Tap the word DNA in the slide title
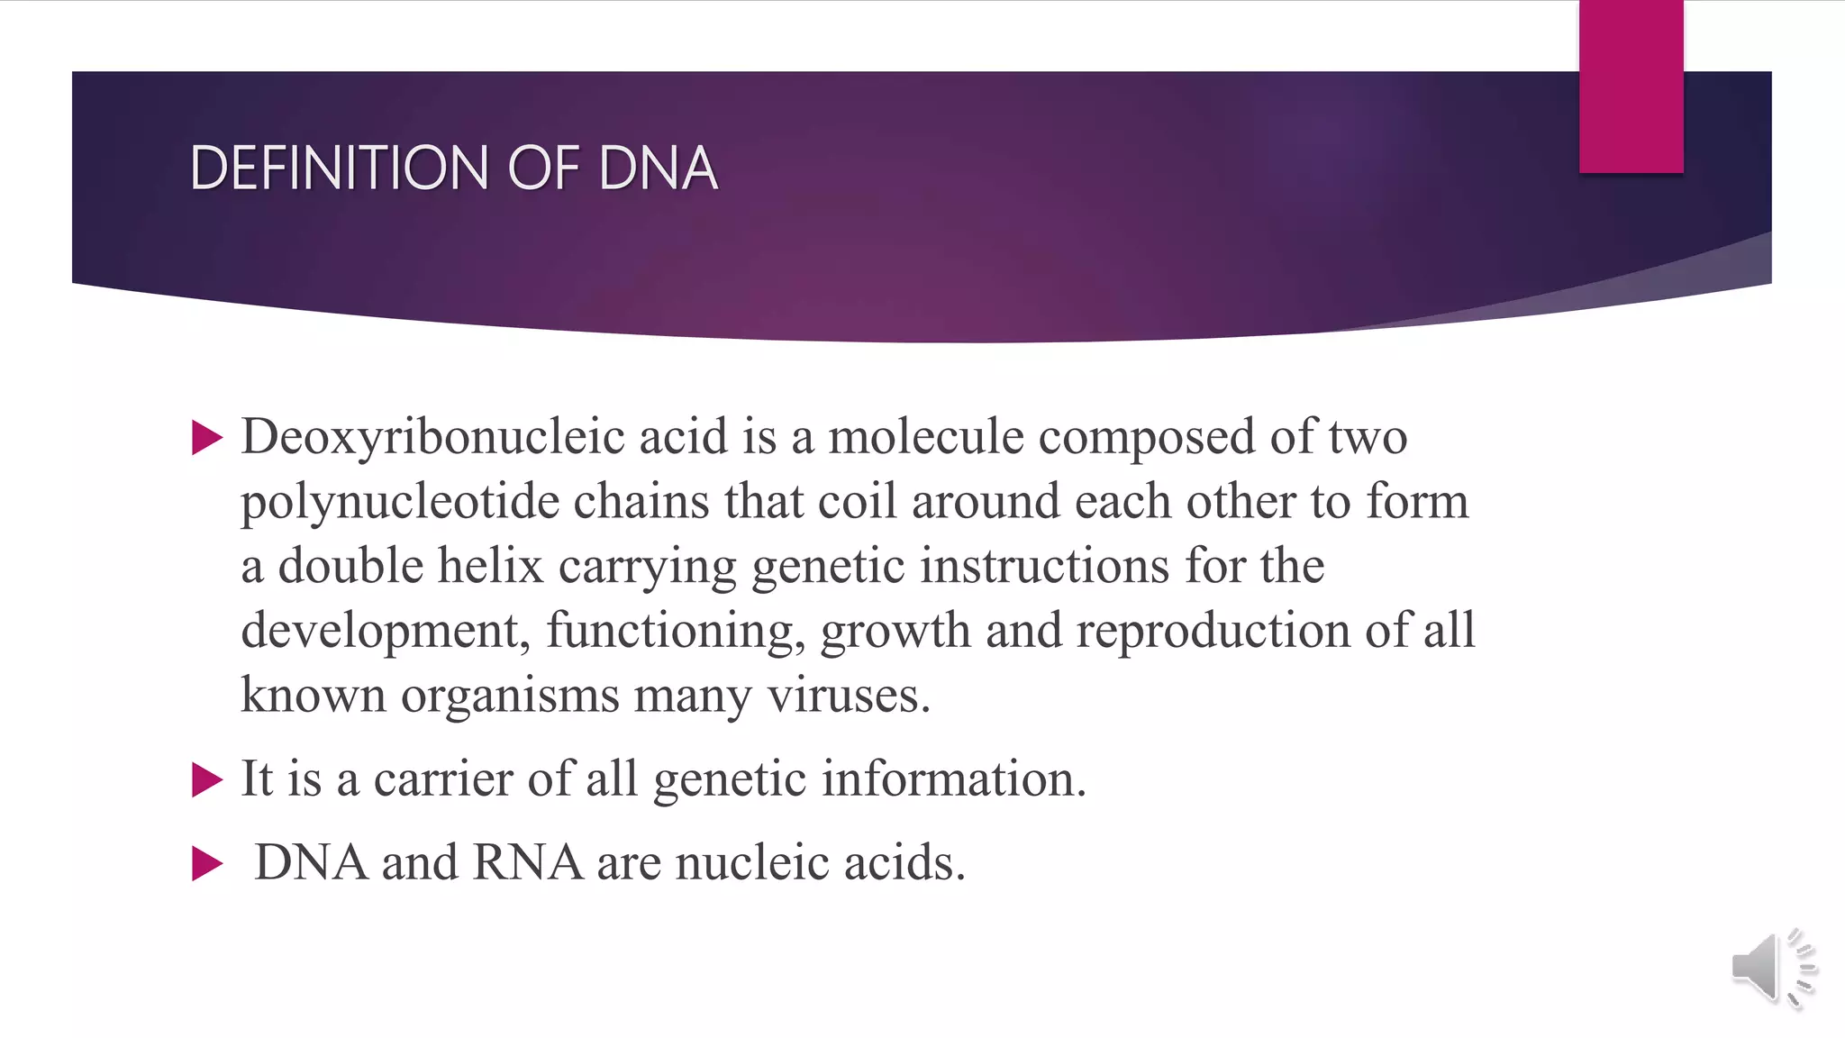(658, 168)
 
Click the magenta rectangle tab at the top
(1631, 86)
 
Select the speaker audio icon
(1772, 968)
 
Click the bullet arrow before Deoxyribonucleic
(207, 439)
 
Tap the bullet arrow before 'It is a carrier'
(207, 780)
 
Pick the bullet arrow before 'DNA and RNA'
(207, 864)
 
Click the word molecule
(925, 437)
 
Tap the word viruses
(848, 696)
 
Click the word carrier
(442, 779)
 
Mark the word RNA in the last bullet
(528, 863)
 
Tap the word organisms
(510, 696)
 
